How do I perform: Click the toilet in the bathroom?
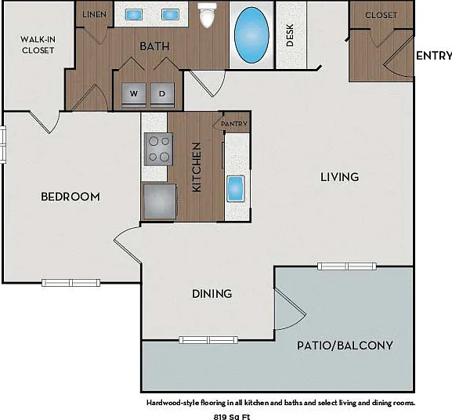coord(208,15)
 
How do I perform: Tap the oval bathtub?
coord(251,35)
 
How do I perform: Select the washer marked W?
coord(134,94)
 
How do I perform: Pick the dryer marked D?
coord(162,94)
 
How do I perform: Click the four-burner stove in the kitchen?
coord(158,150)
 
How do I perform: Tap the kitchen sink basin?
coord(236,189)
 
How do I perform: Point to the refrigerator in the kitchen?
coord(159,201)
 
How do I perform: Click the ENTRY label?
coord(434,56)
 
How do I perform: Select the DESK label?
coord(290,35)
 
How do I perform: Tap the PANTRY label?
coord(234,124)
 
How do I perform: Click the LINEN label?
coord(94,14)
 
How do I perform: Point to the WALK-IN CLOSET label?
coord(38,45)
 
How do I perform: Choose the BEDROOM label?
coord(71,197)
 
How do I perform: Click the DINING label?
coord(212,294)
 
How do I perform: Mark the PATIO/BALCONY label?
coord(345,346)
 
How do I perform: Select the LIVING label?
coord(340,177)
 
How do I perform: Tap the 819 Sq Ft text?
coord(232,417)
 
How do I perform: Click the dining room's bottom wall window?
coord(208,340)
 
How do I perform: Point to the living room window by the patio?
coord(347,266)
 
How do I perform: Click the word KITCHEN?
coord(197,167)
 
